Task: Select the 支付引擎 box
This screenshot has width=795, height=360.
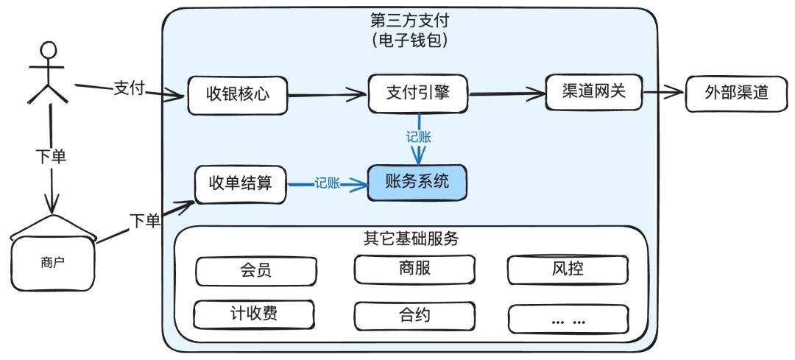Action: pos(418,93)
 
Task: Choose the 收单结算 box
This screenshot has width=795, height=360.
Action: pos(240,183)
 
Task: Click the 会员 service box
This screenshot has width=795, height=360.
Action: pos(255,270)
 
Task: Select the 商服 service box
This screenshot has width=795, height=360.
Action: pos(413,269)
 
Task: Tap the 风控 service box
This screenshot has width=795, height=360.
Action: pos(567,269)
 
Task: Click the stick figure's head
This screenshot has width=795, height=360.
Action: pos(49,51)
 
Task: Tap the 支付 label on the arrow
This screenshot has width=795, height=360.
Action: pos(130,88)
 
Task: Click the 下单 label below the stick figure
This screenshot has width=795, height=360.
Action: pos(51,157)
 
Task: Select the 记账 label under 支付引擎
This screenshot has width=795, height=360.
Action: pos(418,137)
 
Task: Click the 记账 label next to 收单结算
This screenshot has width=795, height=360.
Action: pos(327,184)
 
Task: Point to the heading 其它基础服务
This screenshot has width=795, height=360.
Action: pos(411,239)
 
